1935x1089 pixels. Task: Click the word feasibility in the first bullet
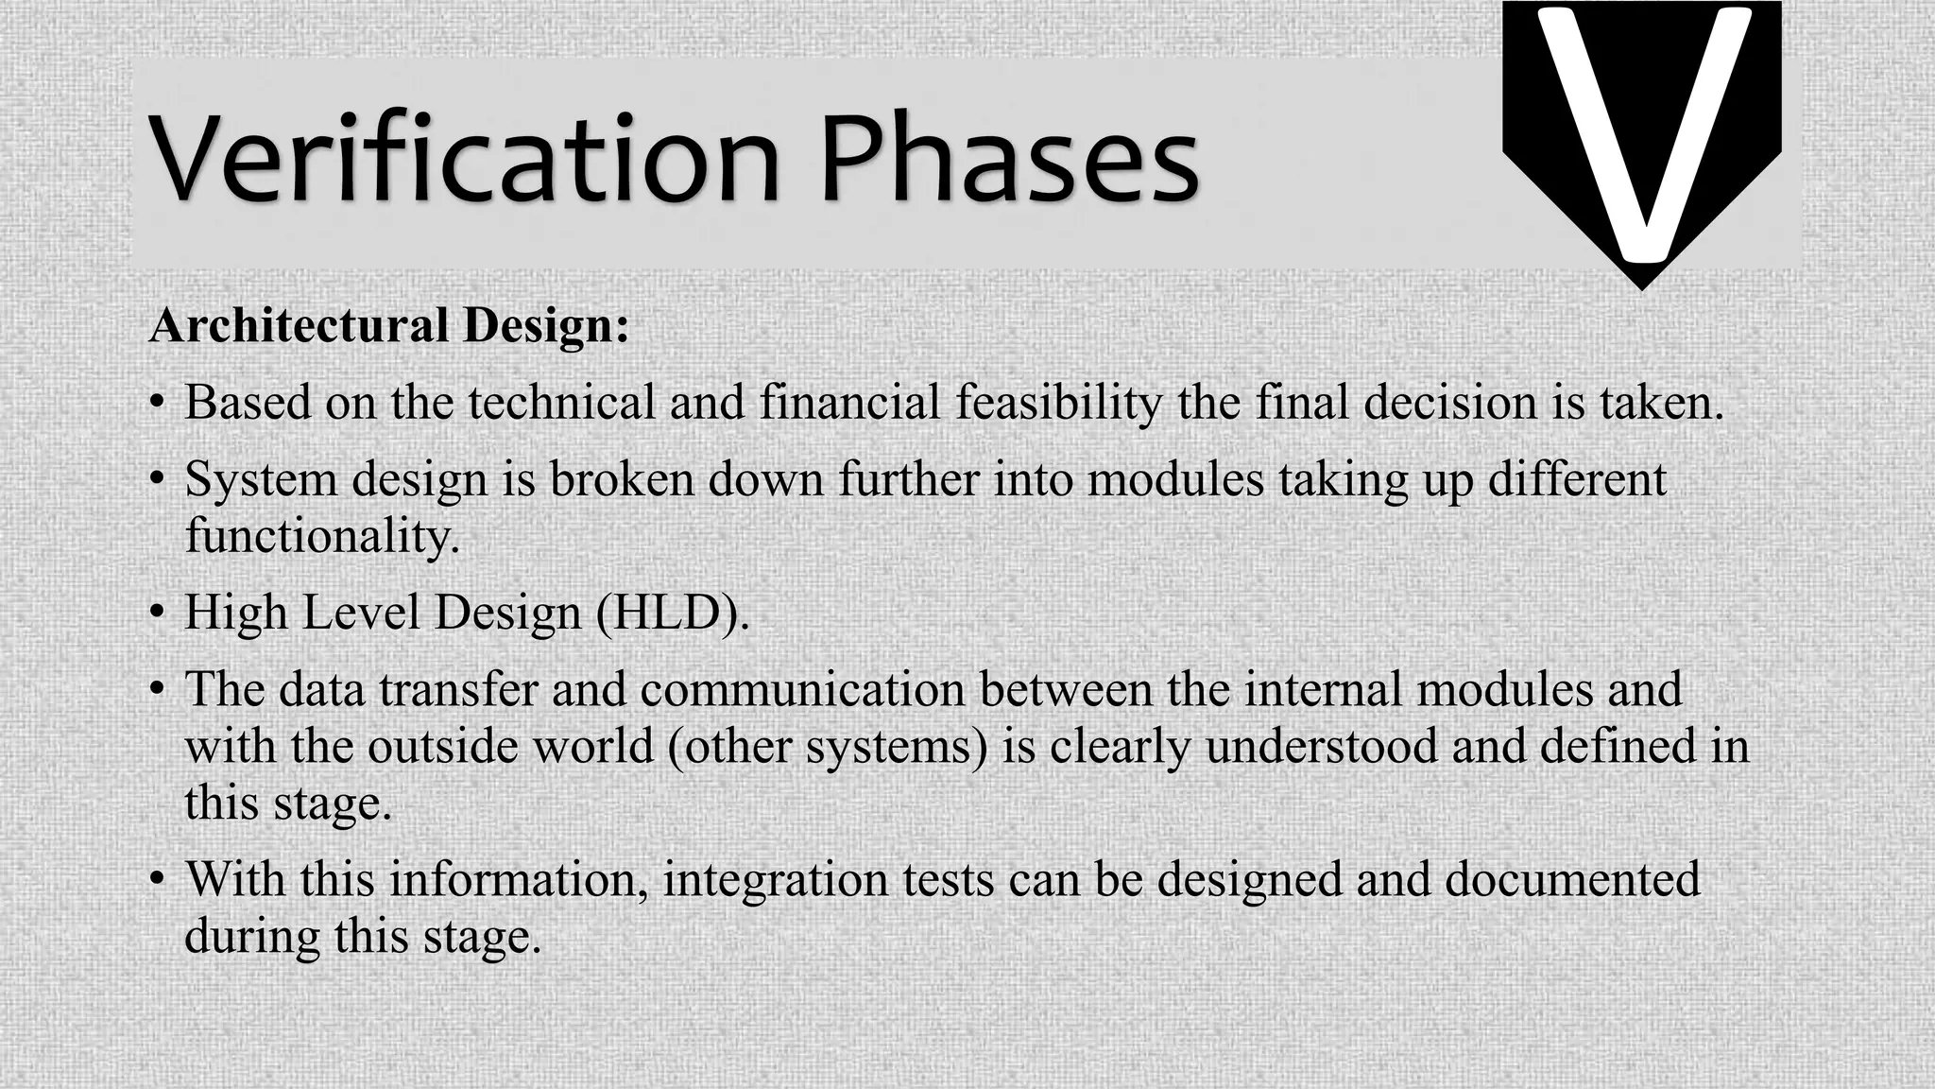coord(1058,404)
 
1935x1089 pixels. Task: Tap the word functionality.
coord(321,537)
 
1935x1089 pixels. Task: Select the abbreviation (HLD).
coord(673,614)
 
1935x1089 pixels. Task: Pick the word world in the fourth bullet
coord(593,747)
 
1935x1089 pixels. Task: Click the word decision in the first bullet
coord(1449,404)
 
